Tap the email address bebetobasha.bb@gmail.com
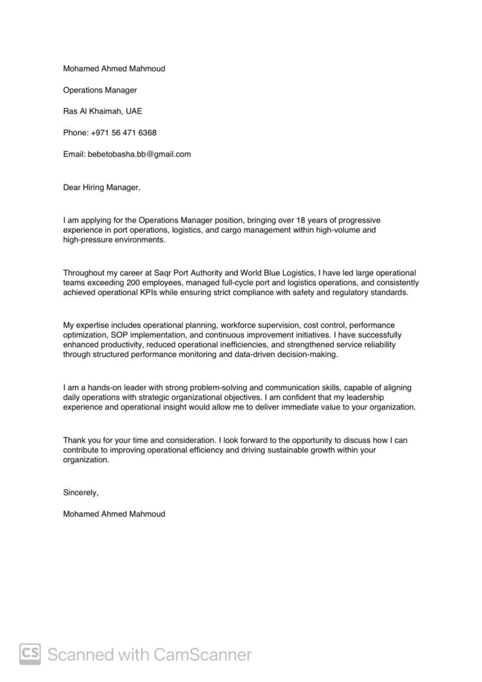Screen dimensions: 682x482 tap(139, 154)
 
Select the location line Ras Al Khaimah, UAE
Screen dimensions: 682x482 tap(103, 112)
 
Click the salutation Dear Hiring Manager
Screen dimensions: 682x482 tap(102, 188)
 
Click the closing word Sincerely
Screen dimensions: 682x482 tap(80, 493)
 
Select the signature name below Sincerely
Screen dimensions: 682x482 tap(114, 514)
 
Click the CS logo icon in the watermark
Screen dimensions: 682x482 tap(30, 654)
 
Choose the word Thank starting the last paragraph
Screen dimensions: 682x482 tap(73, 440)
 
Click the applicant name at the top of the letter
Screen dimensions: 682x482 tap(114, 69)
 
